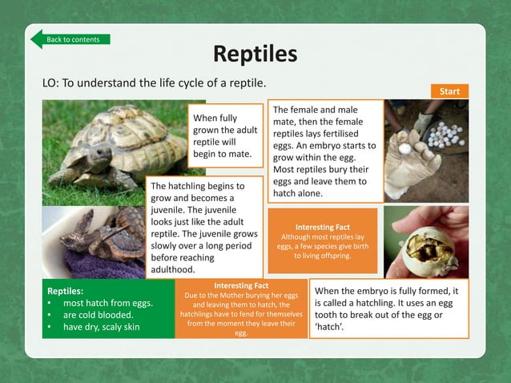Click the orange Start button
(x=450, y=91)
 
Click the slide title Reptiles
(x=255, y=54)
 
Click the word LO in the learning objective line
(x=50, y=83)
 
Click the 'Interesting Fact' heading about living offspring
(x=322, y=227)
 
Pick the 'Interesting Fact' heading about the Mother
(x=241, y=285)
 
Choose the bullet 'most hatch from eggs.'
(x=108, y=304)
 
